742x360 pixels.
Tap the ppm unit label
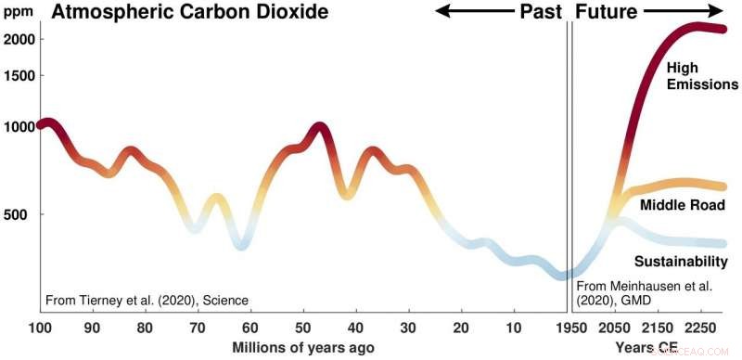tap(15, 14)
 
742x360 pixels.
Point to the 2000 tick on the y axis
tap(19, 39)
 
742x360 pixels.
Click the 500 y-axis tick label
tap(23, 214)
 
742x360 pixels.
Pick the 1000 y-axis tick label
tap(19, 126)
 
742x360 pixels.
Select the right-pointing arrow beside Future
tap(685, 12)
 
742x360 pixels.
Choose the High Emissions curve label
tap(701, 76)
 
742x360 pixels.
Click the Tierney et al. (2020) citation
tap(147, 301)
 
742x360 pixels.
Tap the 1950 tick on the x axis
tap(570, 328)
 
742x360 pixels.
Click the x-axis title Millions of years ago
tap(302, 347)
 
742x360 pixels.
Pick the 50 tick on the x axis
tap(302, 328)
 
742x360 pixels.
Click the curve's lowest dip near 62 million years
tap(240, 244)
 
